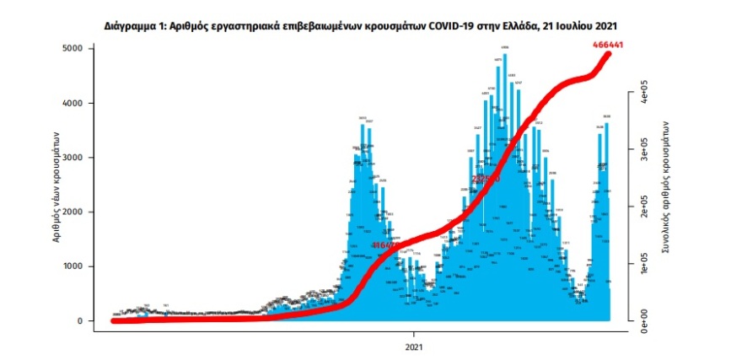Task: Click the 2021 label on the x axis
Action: click(x=414, y=346)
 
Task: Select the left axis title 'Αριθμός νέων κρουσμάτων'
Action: click(x=56, y=185)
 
